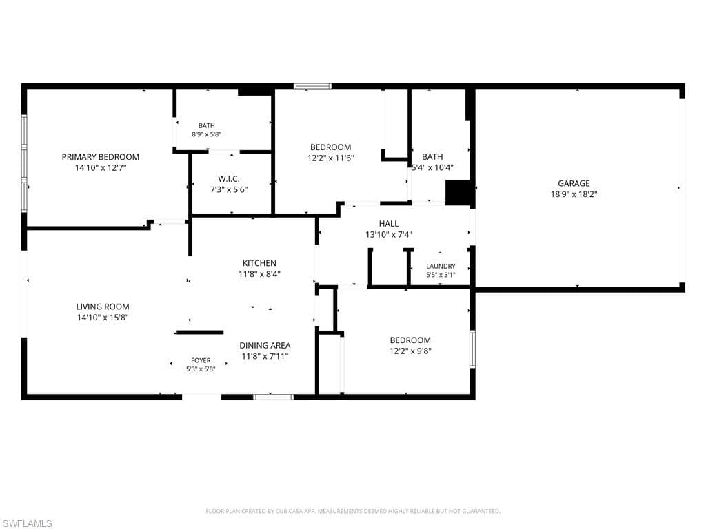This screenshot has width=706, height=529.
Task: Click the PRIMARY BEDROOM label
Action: click(x=101, y=157)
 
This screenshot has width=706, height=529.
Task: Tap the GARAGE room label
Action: click(x=574, y=183)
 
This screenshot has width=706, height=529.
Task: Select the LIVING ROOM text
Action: click(x=103, y=307)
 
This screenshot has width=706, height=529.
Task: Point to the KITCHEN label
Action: click(x=259, y=263)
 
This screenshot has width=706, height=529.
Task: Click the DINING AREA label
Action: click(x=265, y=346)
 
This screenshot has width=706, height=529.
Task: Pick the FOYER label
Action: click(x=201, y=360)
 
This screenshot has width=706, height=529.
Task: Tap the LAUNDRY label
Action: click(x=441, y=267)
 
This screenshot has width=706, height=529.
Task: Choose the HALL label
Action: click(x=389, y=224)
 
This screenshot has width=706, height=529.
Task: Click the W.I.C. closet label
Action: click(x=229, y=179)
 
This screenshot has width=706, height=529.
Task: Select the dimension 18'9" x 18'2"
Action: click(x=574, y=194)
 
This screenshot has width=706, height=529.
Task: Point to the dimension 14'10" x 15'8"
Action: click(x=103, y=318)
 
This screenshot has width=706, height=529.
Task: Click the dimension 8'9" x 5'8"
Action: click(x=207, y=134)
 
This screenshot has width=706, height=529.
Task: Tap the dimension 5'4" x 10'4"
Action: click(x=433, y=168)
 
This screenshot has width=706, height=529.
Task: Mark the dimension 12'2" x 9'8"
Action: click(x=410, y=351)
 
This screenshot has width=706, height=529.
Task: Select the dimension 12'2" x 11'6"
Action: click(x=330, y=158)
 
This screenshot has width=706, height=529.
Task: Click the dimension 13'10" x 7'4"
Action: click(x=389, y=234)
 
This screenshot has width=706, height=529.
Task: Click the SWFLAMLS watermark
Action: click(x=26, y=523)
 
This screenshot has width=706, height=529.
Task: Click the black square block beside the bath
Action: click(x=458, y=193)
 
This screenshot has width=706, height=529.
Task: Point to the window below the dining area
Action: click(x=273, y=397)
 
